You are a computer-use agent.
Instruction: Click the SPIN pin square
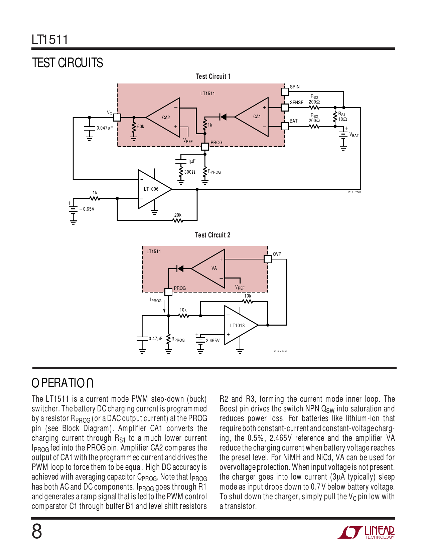pyautogui.click(x=284, y=91)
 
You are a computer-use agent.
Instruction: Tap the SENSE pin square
pyautogui.click(x=284, y=107)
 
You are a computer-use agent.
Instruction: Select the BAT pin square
pyautogui.click(x=284, y=126)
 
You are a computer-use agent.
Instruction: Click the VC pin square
pyautogui.click(x=117, y=117)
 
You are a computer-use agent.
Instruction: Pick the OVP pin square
pyautogui.click(x=268, y=259)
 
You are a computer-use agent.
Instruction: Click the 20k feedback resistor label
pyautogui.click(x=178, y=215)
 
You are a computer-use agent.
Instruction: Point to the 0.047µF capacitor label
pyautogui.click(x=105, y=128)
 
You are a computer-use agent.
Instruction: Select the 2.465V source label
pyautogui.click(x=213, y=341)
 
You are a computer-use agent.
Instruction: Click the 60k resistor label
pyautogui.click(x=141, y=127)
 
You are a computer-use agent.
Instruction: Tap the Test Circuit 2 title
pyautogui.click(x=212, y=235)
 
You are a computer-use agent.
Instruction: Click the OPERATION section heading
pyautogui.click(x=62, y=383)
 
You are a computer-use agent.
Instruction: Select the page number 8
pyautogui.click(x=37, y=531)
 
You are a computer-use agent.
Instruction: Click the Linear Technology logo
pyautogui.click(x=366, y=532)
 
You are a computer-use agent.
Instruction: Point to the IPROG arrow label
pyautogui.click(x=156, y=301)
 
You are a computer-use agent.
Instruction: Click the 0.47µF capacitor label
pyautogui.click(x=155, y=339)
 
